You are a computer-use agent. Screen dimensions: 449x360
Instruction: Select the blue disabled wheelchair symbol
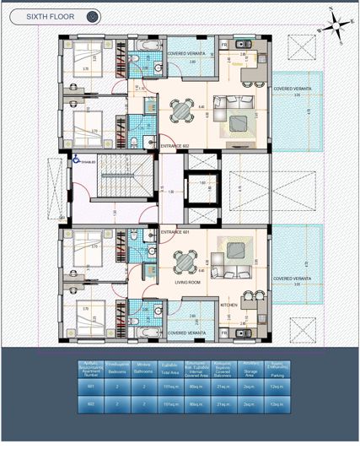[x=76, y=158]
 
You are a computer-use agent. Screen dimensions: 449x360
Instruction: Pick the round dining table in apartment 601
[x=180, y=261]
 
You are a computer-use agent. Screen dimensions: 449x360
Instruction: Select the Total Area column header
[x=172, y=368]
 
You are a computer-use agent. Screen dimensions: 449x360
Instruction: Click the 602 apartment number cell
[x=92, y=404]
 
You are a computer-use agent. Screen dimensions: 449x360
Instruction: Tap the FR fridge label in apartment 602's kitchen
[x=224, y=43]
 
